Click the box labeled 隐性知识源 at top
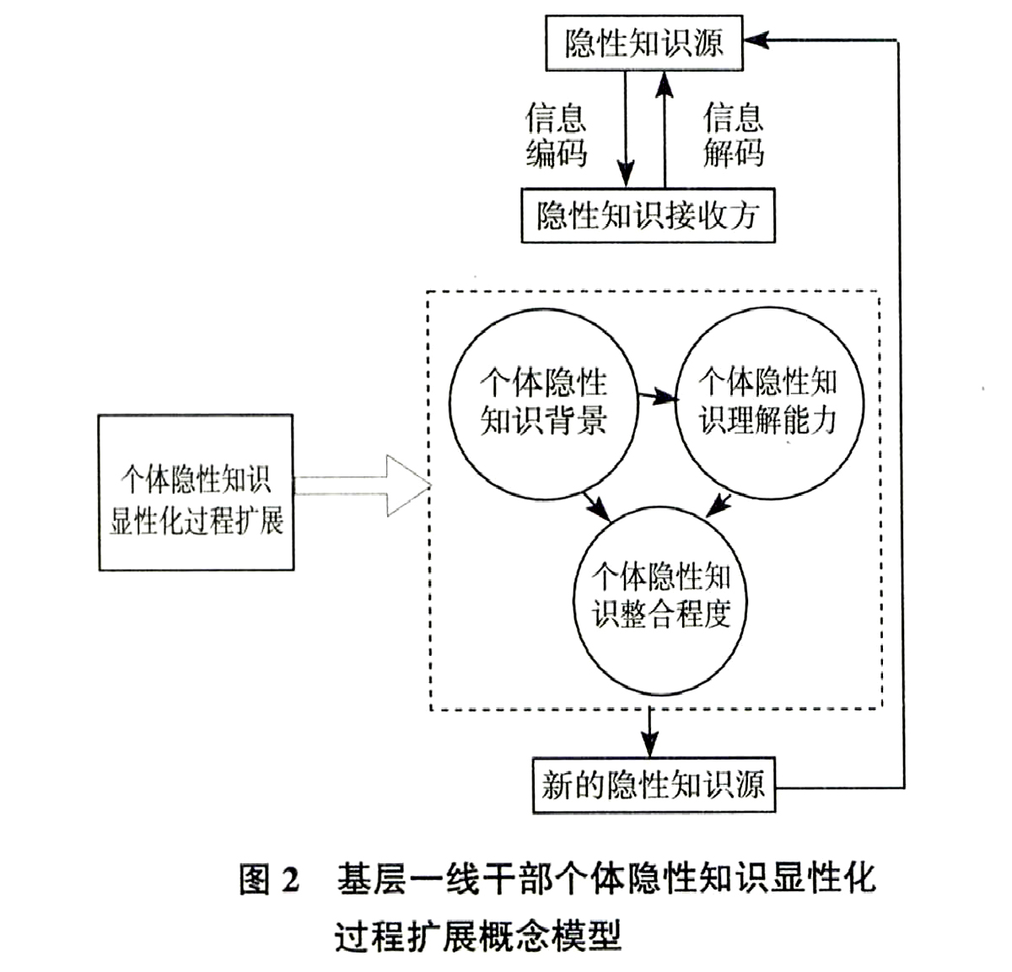point(643,43)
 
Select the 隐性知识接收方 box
point(648,215)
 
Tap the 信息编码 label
point(556,135)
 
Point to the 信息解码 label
point(734,135)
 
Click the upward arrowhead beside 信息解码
point(664,85)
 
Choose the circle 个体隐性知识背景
point(543,405)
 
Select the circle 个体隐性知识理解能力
point(770,403)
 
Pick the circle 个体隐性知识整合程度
point(660,601)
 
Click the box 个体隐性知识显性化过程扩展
point(196,492)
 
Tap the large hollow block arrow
point(363,486)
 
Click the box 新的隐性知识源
point(654,785)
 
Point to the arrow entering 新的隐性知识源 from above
point(649,732)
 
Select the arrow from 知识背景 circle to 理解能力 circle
point(659,397)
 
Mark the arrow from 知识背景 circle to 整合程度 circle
point(596,506)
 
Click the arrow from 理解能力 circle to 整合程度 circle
point(719,505)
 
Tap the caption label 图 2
point(269,879)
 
